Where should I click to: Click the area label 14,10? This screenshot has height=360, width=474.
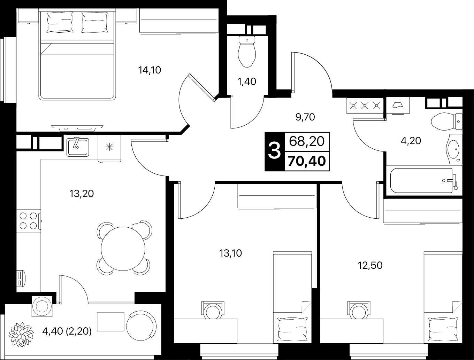pos(150,70)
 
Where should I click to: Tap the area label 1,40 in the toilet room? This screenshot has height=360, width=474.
pos(247,81)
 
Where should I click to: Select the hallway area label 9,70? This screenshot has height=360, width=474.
pos(305,117)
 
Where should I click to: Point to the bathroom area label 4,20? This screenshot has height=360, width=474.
pos(411,141)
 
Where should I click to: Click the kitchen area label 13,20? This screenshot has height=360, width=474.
pos(82,194)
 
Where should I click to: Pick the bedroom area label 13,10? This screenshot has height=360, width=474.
pos(230,253)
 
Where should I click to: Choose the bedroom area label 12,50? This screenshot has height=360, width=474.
pos(370,265)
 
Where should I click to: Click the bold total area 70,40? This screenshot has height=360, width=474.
pos(307,161)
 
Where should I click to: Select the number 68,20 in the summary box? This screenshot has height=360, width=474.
pos(307,141)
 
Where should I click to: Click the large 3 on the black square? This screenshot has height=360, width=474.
pos(275,152)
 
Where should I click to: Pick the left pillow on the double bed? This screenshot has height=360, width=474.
pos(59,22)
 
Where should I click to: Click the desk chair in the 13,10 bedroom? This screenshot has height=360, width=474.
pos(212,309)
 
